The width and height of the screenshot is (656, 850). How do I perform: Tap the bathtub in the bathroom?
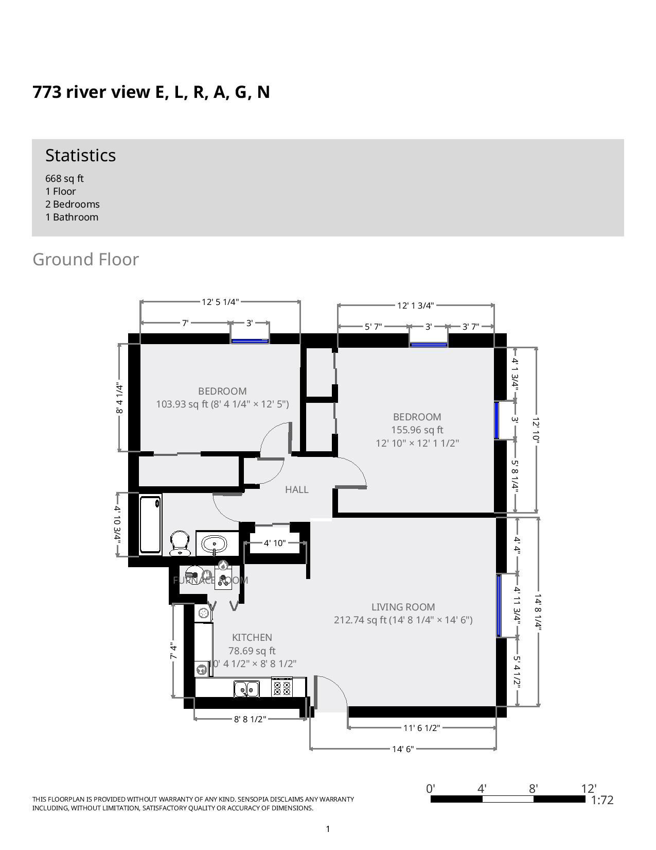pyautogui.click(x=150, y=524)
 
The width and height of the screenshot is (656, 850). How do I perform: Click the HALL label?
pyautogui.click(x=297, y=489)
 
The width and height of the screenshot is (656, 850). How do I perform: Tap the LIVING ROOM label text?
pyautogui.click(x=403, y=607)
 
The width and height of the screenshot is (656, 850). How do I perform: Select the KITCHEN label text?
pyautogui.click(x=252, y=637)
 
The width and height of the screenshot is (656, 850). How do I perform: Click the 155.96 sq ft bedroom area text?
pyautogui.click(x=417, y=430)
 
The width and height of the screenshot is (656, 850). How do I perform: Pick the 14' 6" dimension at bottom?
pyautogui.click(x=403, y=749)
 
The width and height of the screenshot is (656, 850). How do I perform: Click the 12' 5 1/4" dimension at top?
pyautogui.click(x=220, y=302)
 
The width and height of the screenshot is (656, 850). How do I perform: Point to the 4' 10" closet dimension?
pyautogui.click(x=274, y=543)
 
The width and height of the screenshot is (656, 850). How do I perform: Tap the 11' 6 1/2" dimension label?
pyautogui.click(x=421, y=728)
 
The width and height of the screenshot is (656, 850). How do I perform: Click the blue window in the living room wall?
pyautogui.click(x=499, y=606)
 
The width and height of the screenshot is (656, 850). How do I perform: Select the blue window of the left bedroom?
pyautogui.click(x=250, y=341)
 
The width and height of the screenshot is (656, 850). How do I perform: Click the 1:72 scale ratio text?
pyautogui.click(x=602, y=800)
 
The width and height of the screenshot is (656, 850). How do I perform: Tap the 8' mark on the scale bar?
pyautogui.click(x=534, y=789)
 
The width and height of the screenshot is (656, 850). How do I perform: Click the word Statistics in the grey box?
pyautogui.click(x=80, y=155)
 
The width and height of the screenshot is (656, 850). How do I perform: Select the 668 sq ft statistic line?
pyautogui.click(x=64, y=178)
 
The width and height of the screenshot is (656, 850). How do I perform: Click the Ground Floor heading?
pyautogui.click(x=85, y=259)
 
